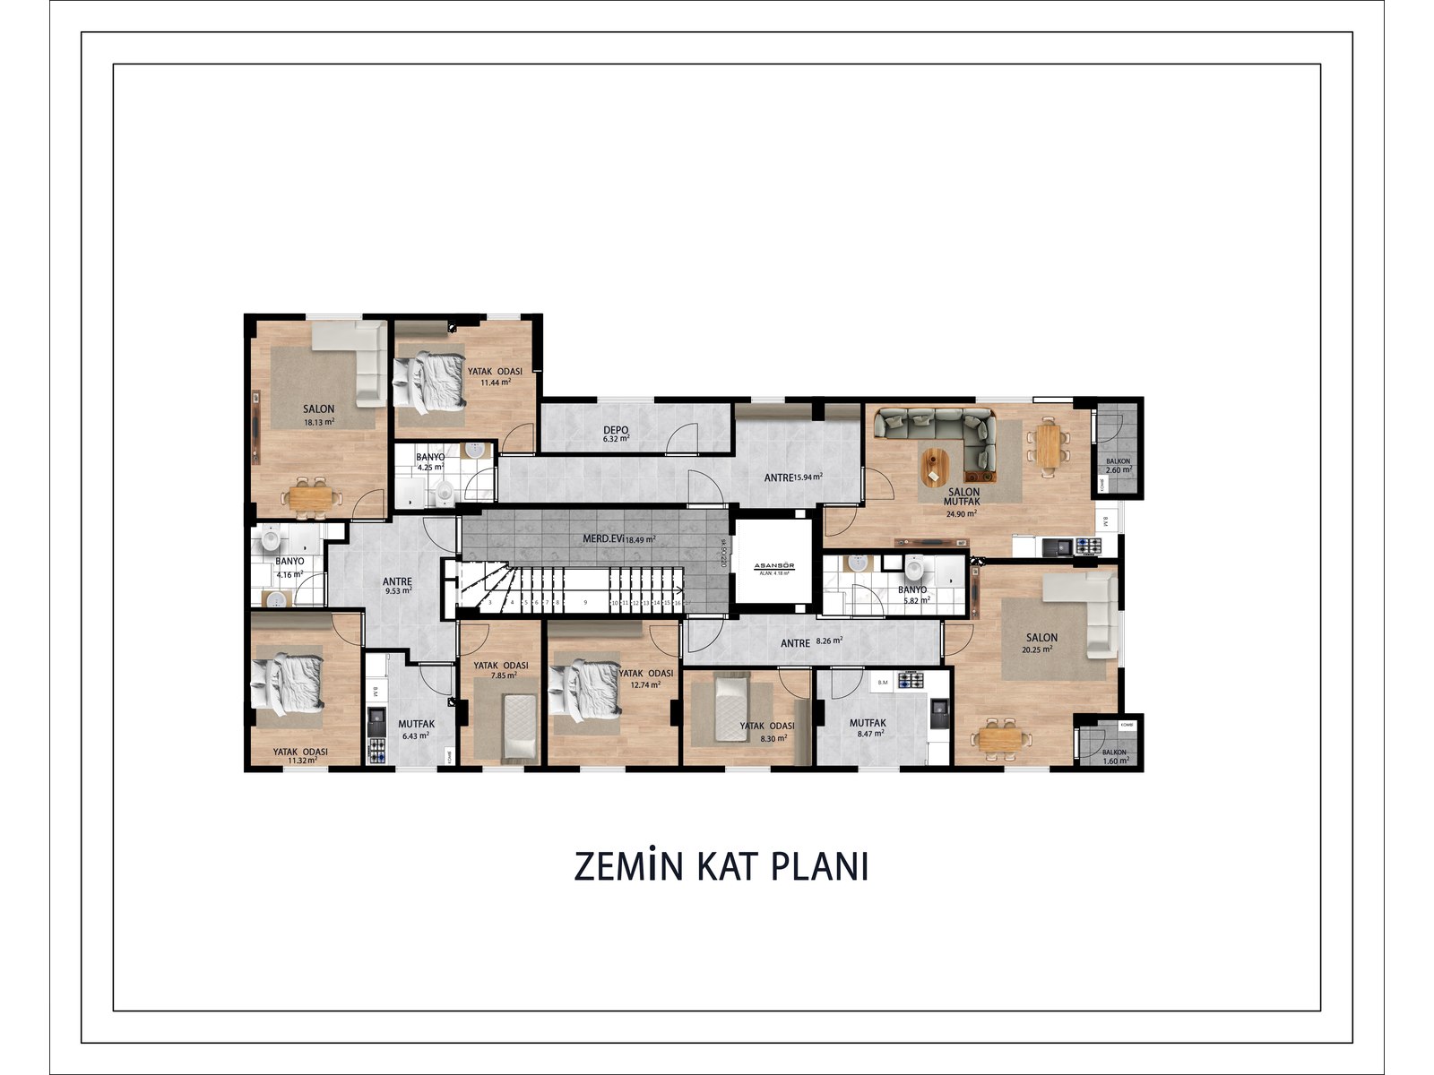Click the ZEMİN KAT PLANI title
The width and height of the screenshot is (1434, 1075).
721,867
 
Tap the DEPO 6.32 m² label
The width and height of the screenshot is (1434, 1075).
616,434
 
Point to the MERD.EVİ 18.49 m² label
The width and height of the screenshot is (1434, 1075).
619,539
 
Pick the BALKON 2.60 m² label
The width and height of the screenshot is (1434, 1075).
1119,466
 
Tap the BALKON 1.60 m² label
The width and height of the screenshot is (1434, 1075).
1115,757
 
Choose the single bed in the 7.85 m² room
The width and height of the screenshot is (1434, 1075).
519,726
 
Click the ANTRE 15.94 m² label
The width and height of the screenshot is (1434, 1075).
793,477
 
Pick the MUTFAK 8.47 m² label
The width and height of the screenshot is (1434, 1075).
868,727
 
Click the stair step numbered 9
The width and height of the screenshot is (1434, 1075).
584,604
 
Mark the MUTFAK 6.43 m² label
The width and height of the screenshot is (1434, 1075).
416,729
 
